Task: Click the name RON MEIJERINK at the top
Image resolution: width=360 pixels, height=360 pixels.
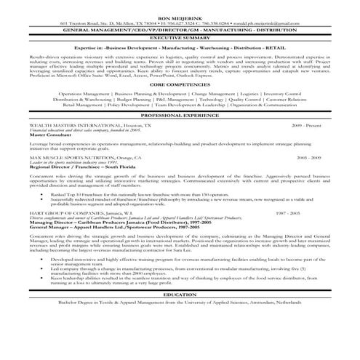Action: [180, 15]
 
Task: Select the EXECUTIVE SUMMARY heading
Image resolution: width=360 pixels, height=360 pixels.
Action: [180, 37]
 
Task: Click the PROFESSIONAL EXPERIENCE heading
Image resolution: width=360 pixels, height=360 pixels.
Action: [180, 136]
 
